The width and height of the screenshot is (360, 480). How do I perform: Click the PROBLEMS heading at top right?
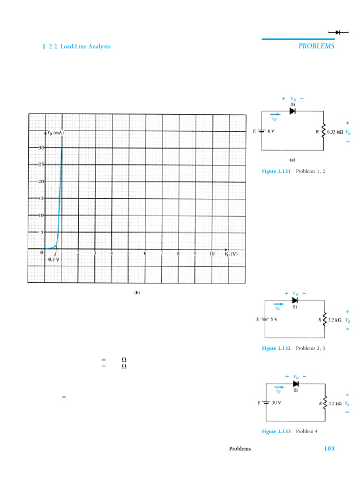click(316, 46)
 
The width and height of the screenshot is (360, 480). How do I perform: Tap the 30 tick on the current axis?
click(41, 147)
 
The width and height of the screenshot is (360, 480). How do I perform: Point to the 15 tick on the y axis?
click(41, 198)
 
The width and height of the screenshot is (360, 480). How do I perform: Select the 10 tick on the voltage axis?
click(211, 254)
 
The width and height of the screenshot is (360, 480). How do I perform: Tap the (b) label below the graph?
click(137, 292)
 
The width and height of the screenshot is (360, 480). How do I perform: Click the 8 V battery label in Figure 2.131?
click(270, 131)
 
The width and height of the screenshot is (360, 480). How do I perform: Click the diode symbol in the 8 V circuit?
click(292, 111)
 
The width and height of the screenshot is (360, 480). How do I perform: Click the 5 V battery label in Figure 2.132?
click(273, 319)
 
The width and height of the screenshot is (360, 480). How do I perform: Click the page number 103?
click(329, 449)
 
